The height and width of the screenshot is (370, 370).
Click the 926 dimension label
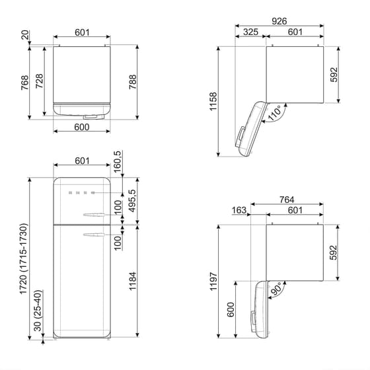(x=279, y=22)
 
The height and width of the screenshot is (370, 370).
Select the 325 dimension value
(x=250, y=32)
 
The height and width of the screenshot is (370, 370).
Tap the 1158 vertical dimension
(x=213, y=100)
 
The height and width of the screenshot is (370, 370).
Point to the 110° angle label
(x=274, y=112)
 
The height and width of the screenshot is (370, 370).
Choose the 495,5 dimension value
(x=133, y=201)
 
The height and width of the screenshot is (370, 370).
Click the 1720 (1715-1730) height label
(x=24, y=259)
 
